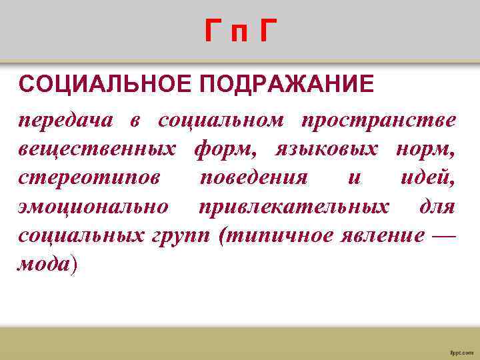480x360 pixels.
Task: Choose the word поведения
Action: coord(253,179)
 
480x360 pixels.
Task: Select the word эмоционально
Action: coord(94,207)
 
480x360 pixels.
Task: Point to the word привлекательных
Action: coord(294,207)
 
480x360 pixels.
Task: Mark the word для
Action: coord(437,207)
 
